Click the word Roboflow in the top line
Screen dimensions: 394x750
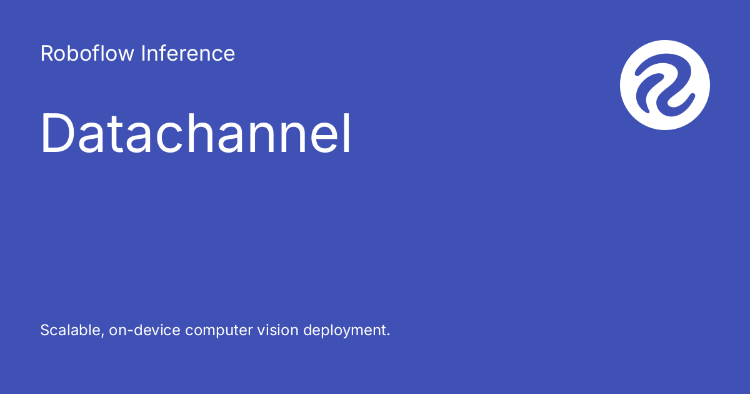[x=87, y=54]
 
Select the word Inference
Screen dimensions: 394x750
[x=188, y=54]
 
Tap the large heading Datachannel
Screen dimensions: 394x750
[x=196, y=134]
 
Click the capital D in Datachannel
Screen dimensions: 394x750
[x=58, y=134]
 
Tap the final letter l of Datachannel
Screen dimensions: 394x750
[x=346, y=134]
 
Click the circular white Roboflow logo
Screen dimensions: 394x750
[x=665, y=85]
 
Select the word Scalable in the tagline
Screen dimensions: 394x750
[x=68, y=330]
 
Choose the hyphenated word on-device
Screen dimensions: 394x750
[x=144, y=330]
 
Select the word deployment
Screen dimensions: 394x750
[x=344, y=331]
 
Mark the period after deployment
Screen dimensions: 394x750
[x=388, y=335]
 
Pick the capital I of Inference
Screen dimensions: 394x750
[x=143, y=54]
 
